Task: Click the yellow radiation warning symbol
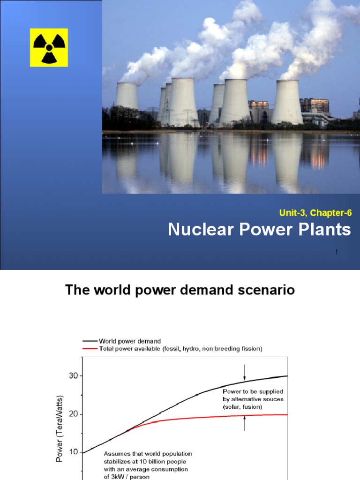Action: click(x=49, y=47)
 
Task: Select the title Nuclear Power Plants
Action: click(x=259, y=230)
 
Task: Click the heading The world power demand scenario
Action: click(x=180, y=290)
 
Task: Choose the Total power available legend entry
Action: click(x=171, y=348)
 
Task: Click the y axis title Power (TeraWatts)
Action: click(x=60, y=428)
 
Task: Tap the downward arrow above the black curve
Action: click(x=244, y=373)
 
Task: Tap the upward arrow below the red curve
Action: click(x=244, y=424)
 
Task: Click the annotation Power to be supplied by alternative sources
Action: click(x=253, y=399)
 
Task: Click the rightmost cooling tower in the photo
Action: click(x=287, y=102)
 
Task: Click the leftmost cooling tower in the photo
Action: click(x=127, y=96)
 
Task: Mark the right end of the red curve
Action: click(x=286, y=414)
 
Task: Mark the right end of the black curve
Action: click(x=286, y=376)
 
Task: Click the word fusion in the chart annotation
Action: click(x=253, y=407)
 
